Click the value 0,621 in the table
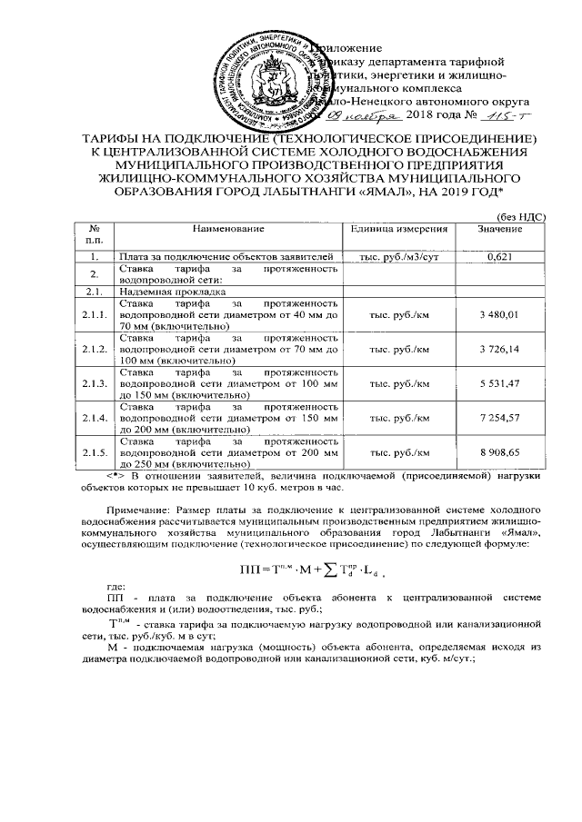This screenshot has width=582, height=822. click(499, 258)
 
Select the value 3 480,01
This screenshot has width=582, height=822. click(499, 313)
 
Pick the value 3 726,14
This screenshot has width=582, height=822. click(499, 349)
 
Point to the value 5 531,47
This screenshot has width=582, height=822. click(499, 384)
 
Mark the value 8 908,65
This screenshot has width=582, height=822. click(499, 451)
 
